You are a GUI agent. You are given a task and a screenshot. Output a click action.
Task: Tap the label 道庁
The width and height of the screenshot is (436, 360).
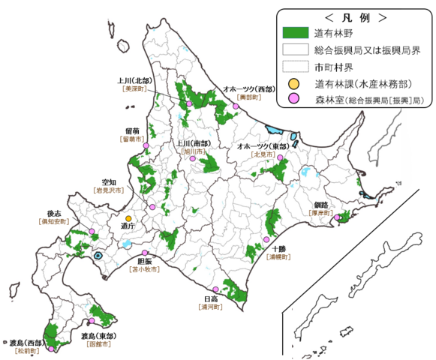point(127,225)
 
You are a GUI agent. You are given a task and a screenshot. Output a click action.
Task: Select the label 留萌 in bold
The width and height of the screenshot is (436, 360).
point(134,130)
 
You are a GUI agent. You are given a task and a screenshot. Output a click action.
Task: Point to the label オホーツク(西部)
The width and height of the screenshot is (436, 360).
point(248,88)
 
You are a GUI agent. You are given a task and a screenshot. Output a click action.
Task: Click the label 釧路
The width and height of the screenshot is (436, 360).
point(322,203)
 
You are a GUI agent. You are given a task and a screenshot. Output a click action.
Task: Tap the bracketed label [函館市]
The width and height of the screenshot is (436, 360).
point(100,344)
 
